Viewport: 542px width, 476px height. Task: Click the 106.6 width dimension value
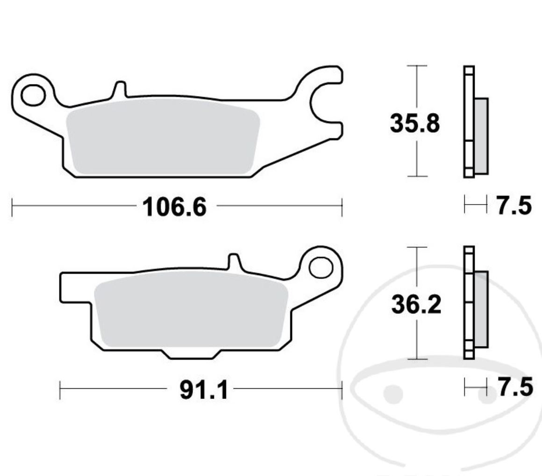coord(174,207)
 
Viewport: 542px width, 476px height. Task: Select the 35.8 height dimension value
coord(415,124)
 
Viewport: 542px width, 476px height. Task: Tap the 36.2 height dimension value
coord(415,305)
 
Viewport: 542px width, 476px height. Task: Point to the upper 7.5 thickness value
coord(513,206)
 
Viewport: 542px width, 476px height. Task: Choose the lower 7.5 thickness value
coord(514,387)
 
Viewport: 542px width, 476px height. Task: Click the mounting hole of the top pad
coord(33,95)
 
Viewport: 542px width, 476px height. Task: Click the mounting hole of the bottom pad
coord(321,268)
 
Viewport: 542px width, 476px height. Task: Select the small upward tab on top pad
coord(119,89)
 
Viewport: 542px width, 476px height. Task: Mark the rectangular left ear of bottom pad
coord(75,287)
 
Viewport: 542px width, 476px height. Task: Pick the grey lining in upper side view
coord(481,135)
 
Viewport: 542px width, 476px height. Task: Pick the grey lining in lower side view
coord(481,309)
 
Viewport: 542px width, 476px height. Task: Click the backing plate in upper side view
coord(469,121)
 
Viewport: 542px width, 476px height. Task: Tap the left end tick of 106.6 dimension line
coord(12,207)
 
